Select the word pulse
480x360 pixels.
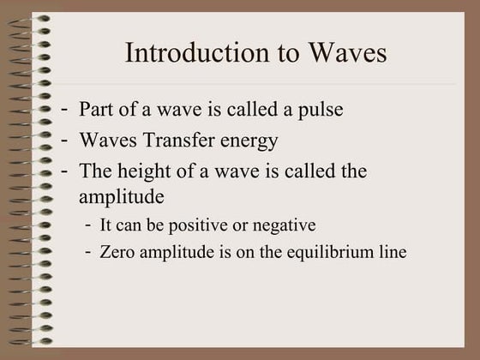(321, 110)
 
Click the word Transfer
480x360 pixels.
(180, 140)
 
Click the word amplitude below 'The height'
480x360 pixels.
(122, 196)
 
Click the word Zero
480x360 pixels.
(117, 252)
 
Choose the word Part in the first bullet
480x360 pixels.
(95, 110)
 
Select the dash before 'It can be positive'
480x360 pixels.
(90, 225)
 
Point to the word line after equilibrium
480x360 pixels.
(393, 252)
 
